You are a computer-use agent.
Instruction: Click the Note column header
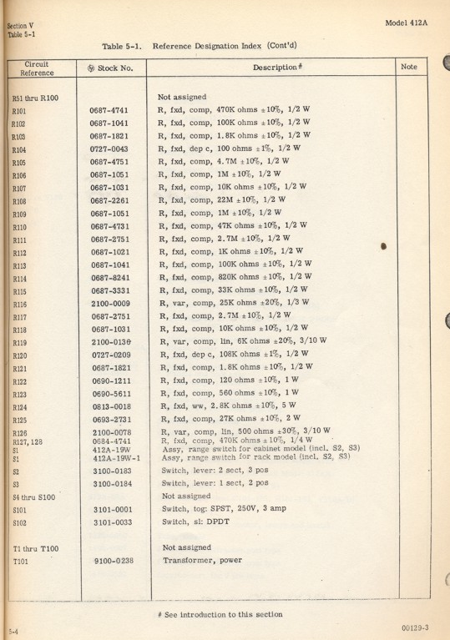pos(409,66)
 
